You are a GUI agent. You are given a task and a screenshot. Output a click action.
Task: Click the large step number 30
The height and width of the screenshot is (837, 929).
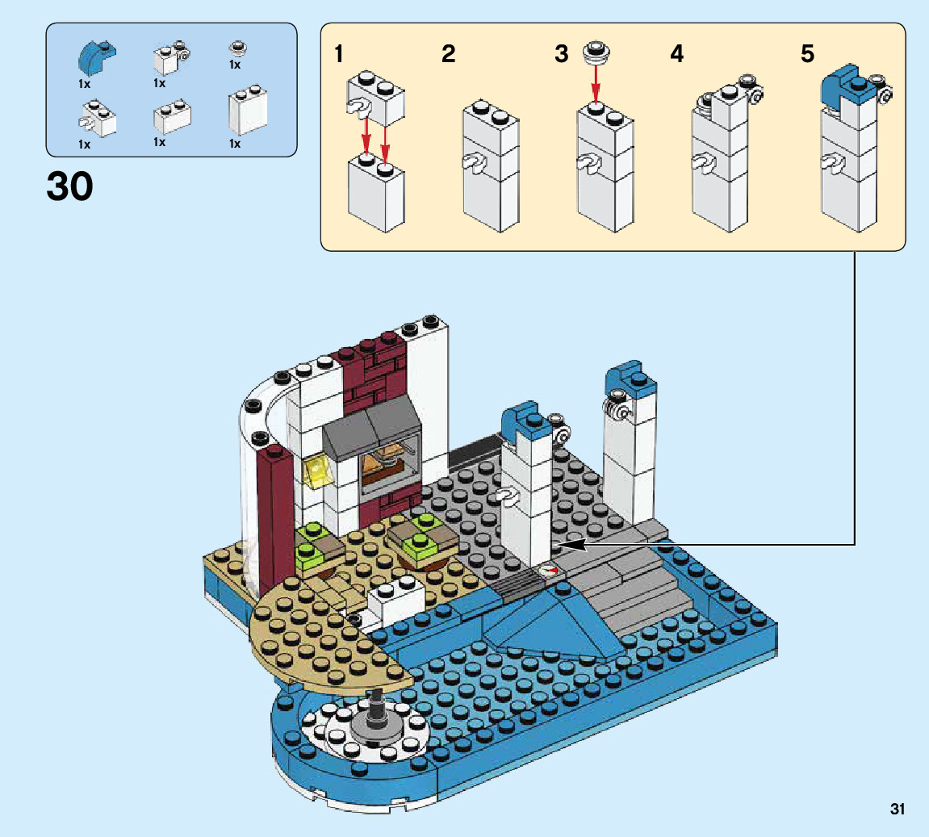[x=70, y=186]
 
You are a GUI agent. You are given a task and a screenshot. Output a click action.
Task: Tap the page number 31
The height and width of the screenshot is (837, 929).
[x=897, y=810]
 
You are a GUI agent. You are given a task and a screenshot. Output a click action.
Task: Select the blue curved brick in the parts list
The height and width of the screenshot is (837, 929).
[x=97, y=56]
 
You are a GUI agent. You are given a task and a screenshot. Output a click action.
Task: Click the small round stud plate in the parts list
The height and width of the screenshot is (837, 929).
[x=238, y=48]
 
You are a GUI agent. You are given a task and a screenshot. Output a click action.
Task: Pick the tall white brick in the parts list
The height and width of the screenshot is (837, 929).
[x=248, y=111]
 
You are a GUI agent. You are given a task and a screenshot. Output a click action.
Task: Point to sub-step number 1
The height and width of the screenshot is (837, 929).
[x=339, y=54]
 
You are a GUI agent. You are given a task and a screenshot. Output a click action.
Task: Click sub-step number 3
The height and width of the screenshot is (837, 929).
[x=561, y=54]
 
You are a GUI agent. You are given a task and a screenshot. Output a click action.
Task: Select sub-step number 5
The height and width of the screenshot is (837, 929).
[x=808, y=54]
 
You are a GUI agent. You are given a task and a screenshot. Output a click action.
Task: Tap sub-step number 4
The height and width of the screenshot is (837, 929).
[x=676, y=54]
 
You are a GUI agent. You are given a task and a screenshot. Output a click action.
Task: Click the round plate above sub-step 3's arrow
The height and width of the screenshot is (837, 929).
[x=596, y=52]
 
